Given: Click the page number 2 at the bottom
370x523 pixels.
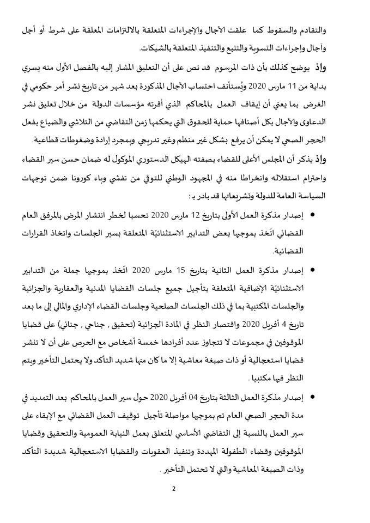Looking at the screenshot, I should [173, 488].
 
